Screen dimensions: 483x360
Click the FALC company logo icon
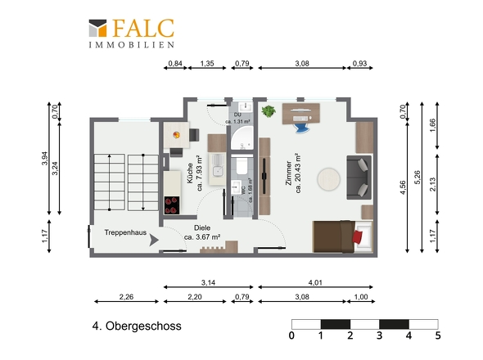coord(97,29)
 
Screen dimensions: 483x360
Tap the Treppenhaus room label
coord(125,232)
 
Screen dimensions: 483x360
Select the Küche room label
coord(190,173)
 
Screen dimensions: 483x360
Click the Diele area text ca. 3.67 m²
coord(202,237)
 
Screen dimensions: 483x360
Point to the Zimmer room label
coord(289,173)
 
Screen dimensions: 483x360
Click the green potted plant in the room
coord(269,111)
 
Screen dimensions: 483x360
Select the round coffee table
coord(328,178)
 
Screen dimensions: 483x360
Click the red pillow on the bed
coord(358,236)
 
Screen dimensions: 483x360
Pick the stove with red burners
coord(172,205)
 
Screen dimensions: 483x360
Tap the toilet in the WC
coord(241,165)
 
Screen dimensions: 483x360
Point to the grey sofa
coord(359,178)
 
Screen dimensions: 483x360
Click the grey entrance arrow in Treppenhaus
coord(154,240)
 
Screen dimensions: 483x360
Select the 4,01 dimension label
coord(315,282)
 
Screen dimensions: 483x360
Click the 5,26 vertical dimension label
coord(418,178)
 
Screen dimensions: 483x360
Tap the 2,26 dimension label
coord(126,297)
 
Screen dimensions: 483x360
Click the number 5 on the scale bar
coord(438,335)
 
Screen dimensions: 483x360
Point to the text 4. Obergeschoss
coord(137,326)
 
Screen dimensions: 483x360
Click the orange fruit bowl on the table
coord(177,135)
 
